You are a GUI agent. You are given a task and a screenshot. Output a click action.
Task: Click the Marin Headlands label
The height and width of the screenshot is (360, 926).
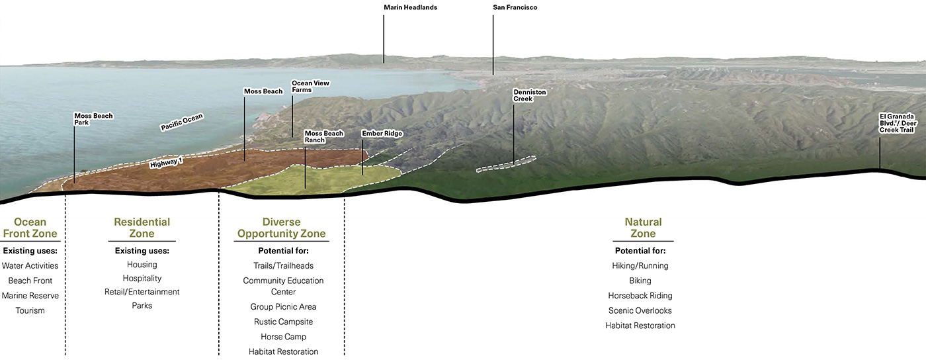click(410, 8)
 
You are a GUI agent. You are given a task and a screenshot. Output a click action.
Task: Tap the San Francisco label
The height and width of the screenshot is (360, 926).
click(515, 8)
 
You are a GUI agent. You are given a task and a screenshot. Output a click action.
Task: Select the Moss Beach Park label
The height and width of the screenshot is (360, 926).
click(93, 119)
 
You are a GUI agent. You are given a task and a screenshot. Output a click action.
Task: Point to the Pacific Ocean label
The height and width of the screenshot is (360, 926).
click(182, 122)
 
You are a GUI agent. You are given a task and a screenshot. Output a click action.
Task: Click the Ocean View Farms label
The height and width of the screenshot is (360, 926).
click(310, 87)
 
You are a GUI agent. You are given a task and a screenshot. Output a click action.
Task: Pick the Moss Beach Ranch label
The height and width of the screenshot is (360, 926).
click(323, 137)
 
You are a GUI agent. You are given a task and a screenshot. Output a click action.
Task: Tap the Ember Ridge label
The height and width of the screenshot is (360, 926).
click(382, 134)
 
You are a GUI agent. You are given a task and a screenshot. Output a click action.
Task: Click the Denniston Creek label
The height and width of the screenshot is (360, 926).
click(530, 95)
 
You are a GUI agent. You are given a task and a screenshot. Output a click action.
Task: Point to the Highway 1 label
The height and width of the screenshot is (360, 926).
click(165, 162)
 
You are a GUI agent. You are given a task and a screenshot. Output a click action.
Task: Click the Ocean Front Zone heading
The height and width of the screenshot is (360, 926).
click(30, 228)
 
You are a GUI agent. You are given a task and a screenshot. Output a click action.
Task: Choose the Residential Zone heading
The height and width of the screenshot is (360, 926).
click(142, 228)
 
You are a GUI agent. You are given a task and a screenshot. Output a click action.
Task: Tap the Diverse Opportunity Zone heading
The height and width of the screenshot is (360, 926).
click(282, 228)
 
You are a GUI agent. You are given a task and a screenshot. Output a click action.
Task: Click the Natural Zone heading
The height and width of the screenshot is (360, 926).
click(643, 228)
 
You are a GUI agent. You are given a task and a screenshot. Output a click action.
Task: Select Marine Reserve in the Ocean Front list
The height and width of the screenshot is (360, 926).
click(30, 296)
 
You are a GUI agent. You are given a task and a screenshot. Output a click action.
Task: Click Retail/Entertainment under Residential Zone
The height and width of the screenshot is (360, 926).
click(142, 292)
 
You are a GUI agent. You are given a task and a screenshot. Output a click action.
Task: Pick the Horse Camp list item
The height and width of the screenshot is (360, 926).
click(283, 337)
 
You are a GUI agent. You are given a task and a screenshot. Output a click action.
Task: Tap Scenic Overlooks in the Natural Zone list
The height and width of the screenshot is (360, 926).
click(640, 310)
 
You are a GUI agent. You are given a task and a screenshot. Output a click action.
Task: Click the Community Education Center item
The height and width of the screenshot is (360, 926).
click(283, 286)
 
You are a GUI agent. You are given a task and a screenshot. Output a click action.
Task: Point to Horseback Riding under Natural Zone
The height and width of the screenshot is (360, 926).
click(640, 296)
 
